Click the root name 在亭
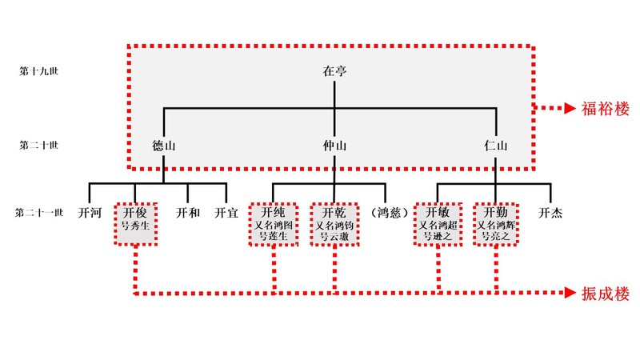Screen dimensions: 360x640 [x=334, y=71]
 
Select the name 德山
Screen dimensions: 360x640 [x=164, y=146]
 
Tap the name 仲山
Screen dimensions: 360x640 [x=334, y=146]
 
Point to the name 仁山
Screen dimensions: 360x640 [x=496, y=146]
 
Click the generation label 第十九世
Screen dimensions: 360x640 [x=39, y=71]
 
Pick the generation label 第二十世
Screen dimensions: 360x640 [x=39, y=146]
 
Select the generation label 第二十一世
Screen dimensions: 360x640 [x=39, y=214]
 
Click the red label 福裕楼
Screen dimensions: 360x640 [x=606, y=108]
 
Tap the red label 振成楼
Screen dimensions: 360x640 [x=606, y=294]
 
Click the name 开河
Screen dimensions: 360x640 [x=90, y=214]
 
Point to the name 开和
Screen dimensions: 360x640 [x=187, y=214]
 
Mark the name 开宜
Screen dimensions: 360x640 [x=226, y=214]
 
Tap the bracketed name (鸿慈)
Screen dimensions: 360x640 [x=390, y=214]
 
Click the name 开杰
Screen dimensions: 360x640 [x=550, y=214]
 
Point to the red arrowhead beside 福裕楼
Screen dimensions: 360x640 [x=569, y=108]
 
